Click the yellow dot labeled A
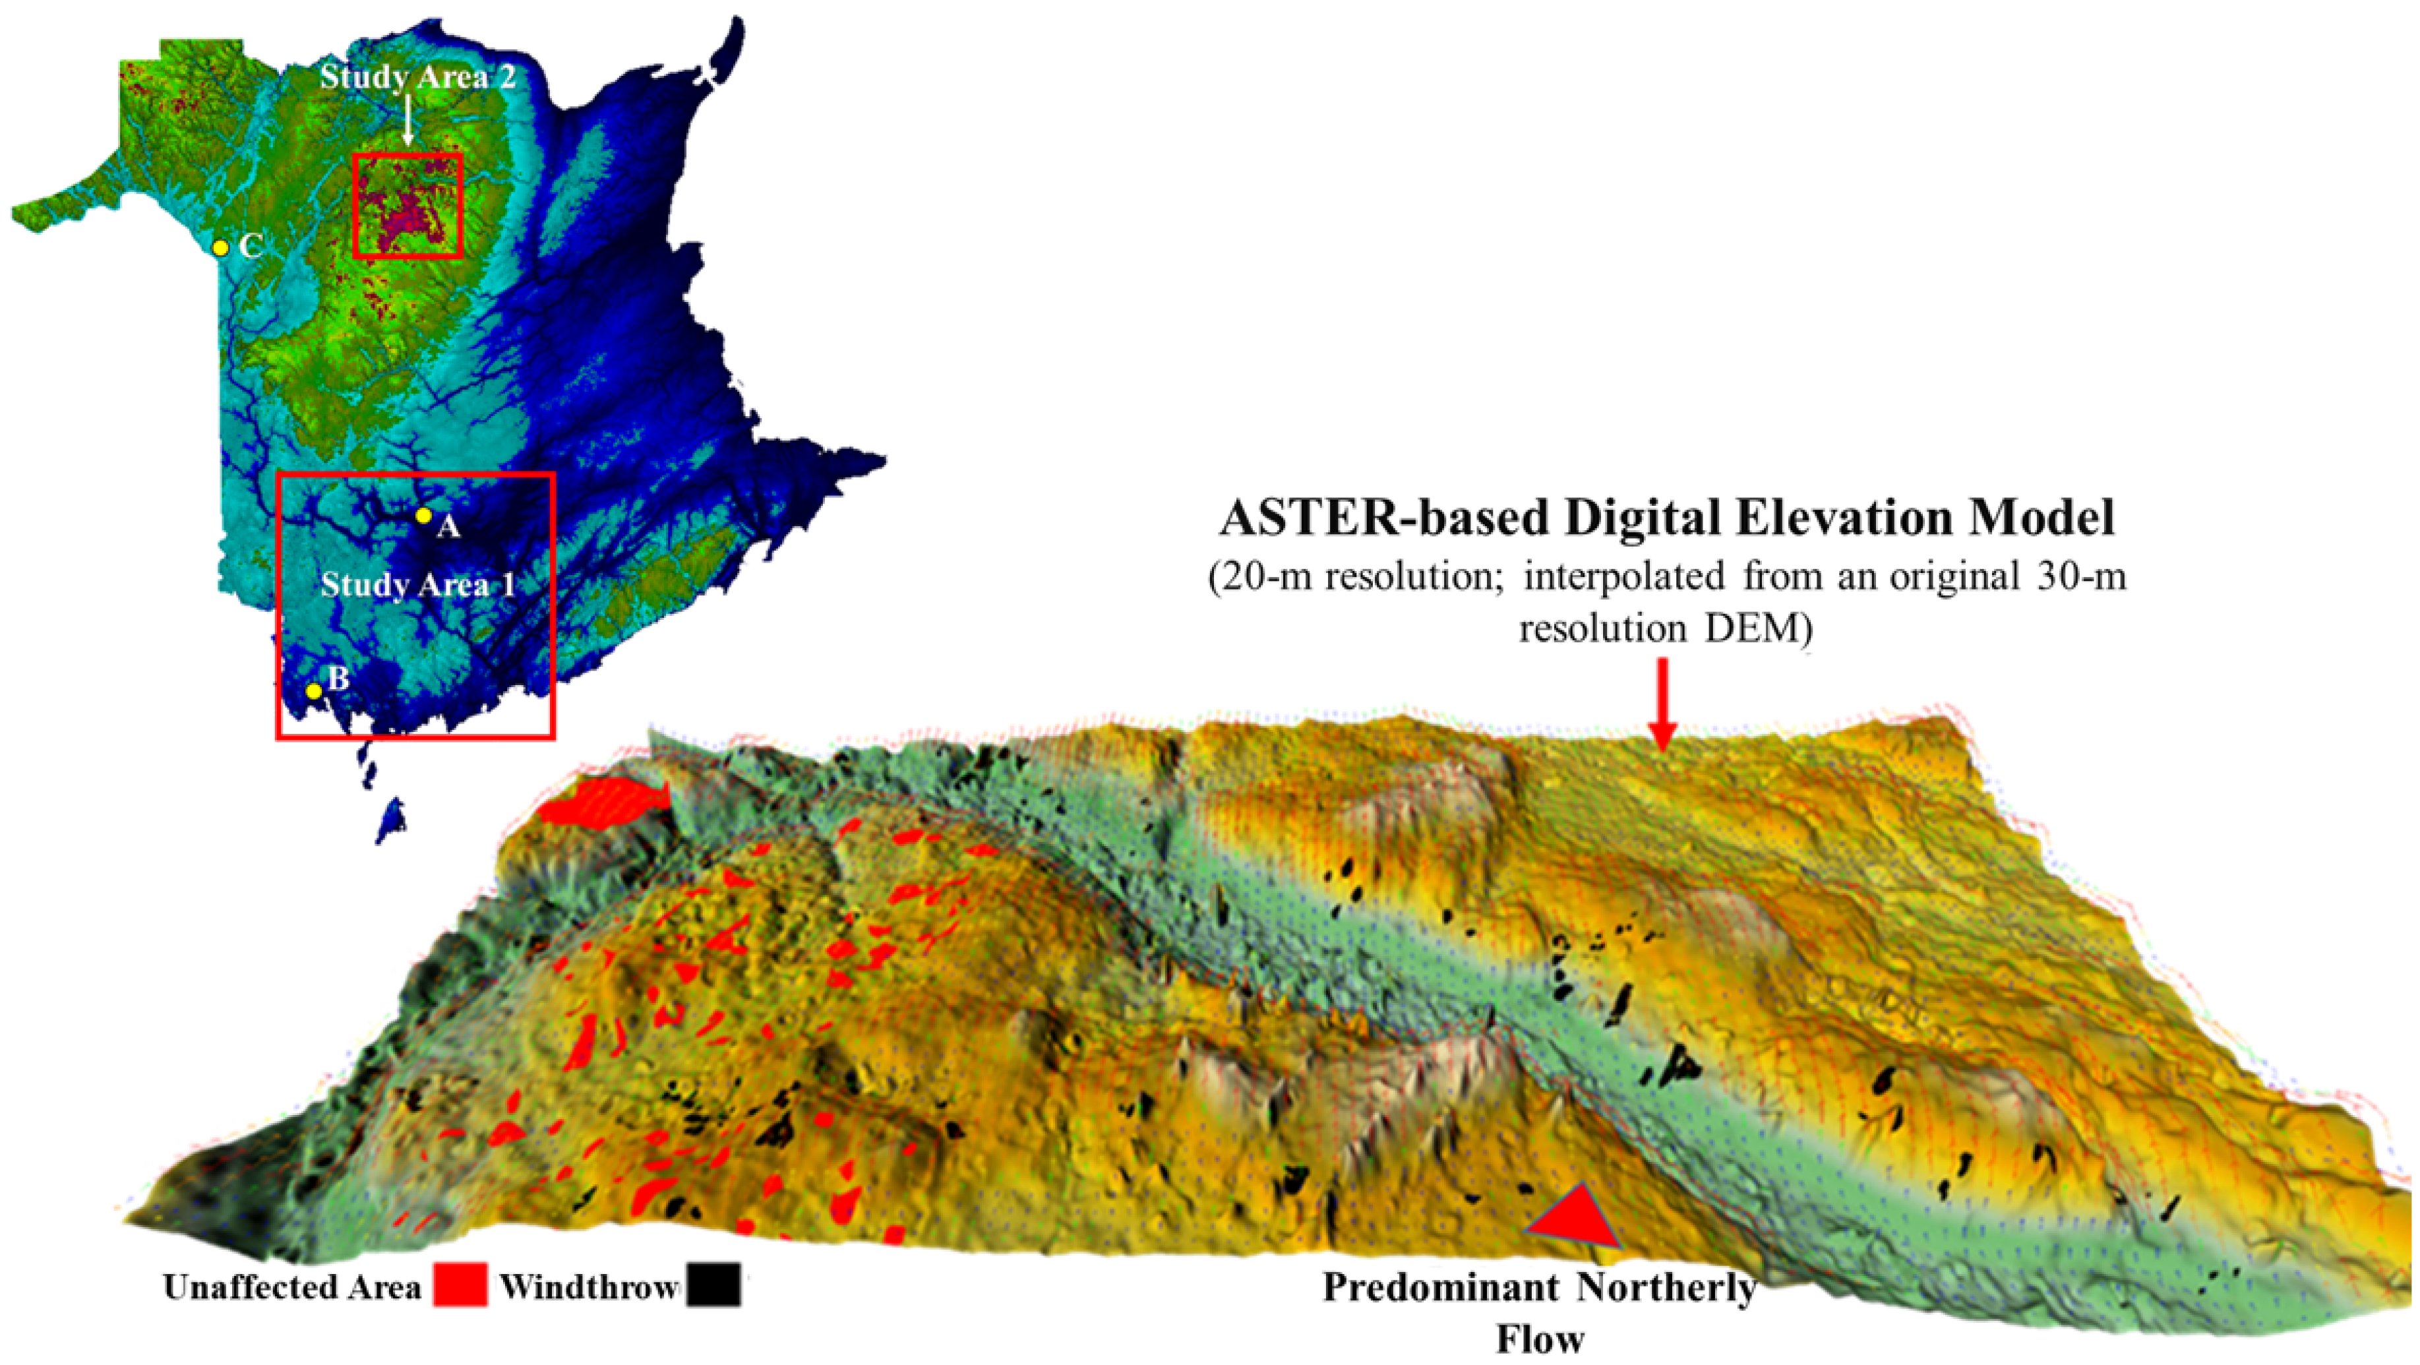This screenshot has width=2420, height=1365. click(x=424, y=516)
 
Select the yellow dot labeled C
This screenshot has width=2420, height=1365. click(x=220, y=248)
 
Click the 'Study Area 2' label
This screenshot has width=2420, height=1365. click(x=417, y=77)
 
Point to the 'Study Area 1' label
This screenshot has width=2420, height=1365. click(x=418, y=586)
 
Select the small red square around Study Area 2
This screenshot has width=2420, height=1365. click(x=408, y=206)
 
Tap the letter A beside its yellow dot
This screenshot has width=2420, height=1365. click(x=449, y=528)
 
